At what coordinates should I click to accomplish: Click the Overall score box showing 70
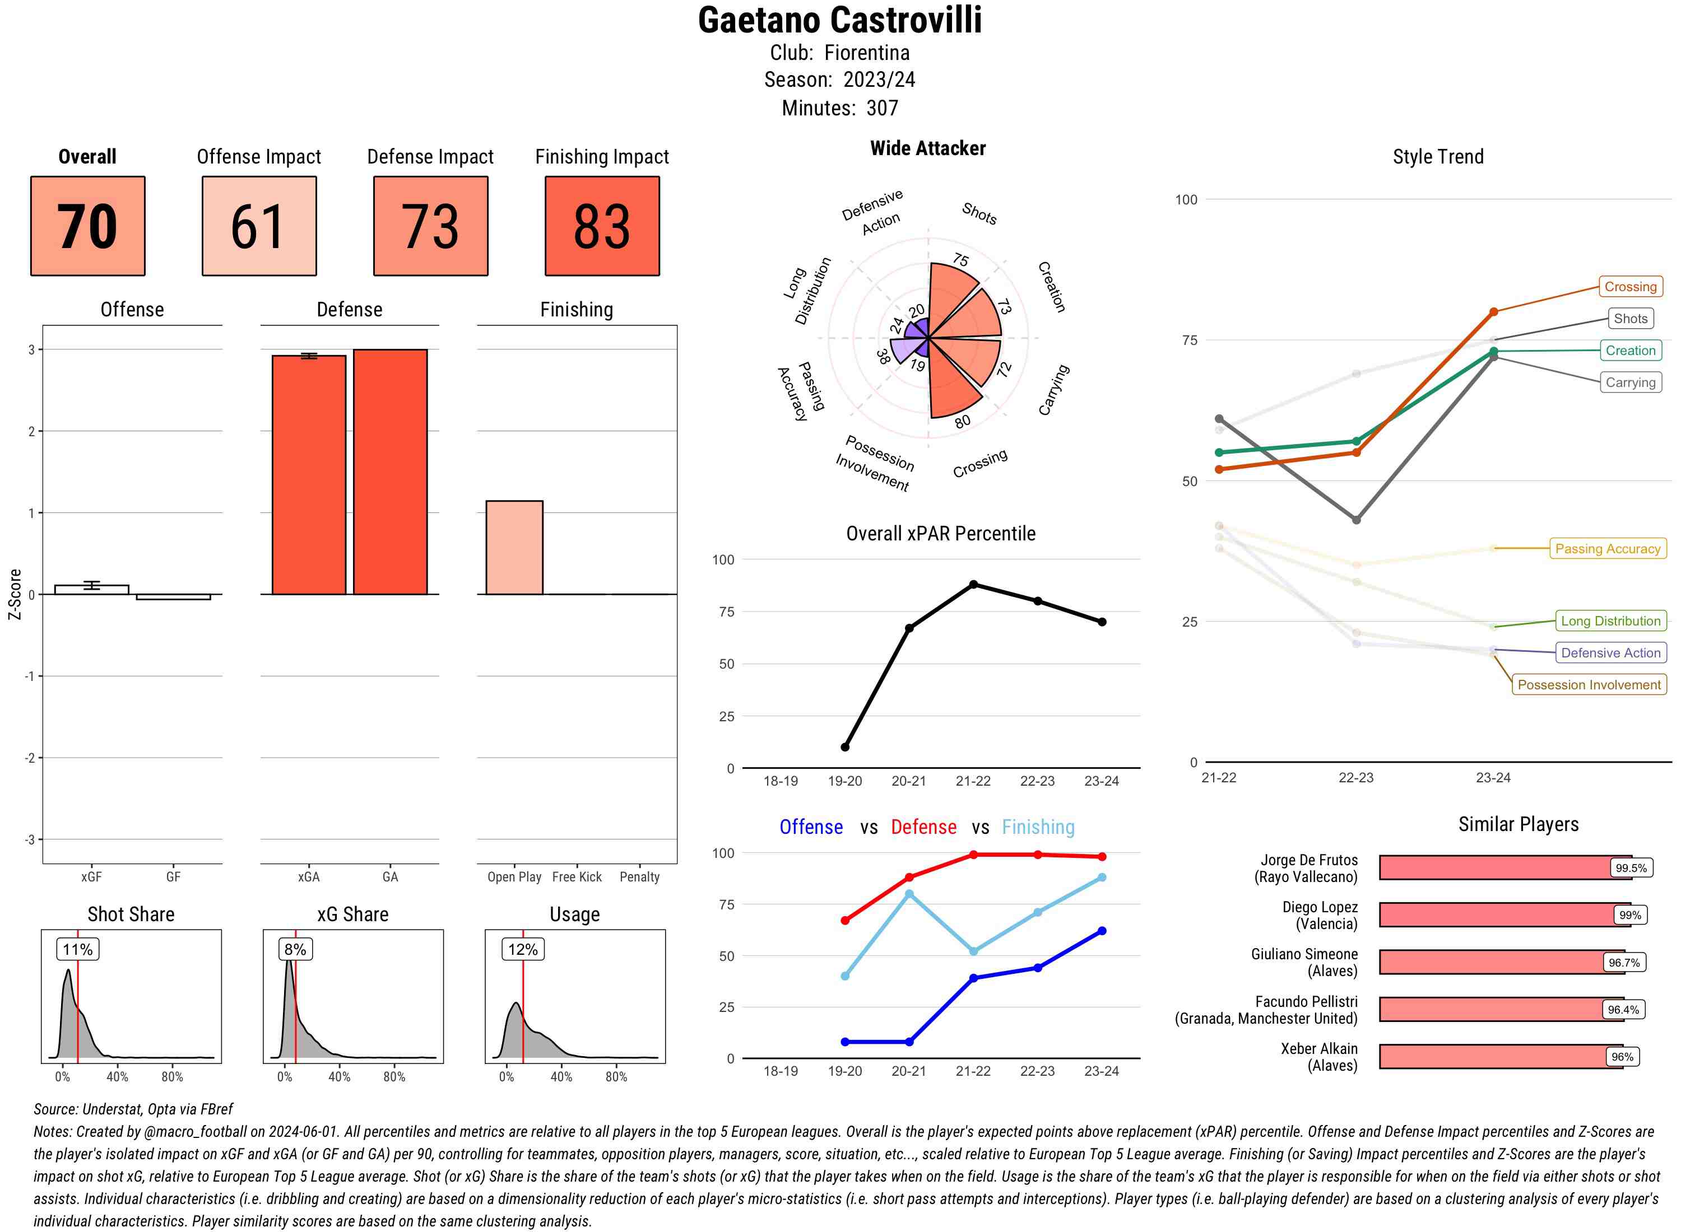pyautogui.click(x=87, y=226)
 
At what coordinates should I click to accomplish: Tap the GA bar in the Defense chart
pyautogui.click(x=390, y=472)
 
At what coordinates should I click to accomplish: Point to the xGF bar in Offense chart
pyautogui.click(x=92, y=589)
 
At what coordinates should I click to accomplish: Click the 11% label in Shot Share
pyautogui.click(x=77, y=949)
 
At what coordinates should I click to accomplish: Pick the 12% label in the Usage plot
pyautogui.click(x=522, y=949)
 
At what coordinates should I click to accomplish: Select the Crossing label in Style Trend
pyautogui.click(x=1629, y=286)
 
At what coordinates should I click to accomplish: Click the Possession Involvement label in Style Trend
pyautogui.click(x=1589, y=685)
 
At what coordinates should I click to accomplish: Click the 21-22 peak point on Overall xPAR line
pyautogui.click(x=973, y=585)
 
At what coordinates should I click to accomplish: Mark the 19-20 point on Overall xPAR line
pyautogui.click(x=844, y=746)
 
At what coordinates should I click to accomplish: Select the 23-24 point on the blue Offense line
pyautogui.click(x=1102, y=931)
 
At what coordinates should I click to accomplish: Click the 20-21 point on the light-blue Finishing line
pyautogui.click(x=909, y=893)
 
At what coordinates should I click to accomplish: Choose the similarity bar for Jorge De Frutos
pyautogui.click(x=1496, y=867)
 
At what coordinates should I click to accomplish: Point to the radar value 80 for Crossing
pyautogui.click(x=963, y=421)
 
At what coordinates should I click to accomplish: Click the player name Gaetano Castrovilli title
pyautogui.click(x=839, y=20)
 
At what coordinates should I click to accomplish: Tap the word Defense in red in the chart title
pyautogui.click(x=923, y=827)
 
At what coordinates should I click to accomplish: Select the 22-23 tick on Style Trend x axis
pyautogui.click(x=1355, y=778)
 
